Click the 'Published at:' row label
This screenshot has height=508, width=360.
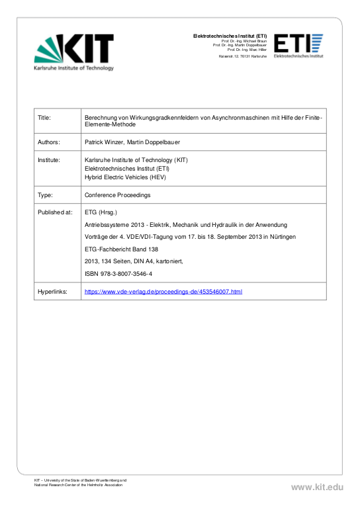coord(55,212)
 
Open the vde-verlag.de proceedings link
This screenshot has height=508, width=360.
coord(163,291)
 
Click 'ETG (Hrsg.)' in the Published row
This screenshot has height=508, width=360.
coord(101,212)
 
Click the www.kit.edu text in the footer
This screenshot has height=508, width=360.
coord(317,487)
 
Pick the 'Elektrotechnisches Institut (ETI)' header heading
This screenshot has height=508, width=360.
coord(230,35)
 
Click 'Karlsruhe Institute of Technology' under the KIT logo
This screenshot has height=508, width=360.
coord(73,68)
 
